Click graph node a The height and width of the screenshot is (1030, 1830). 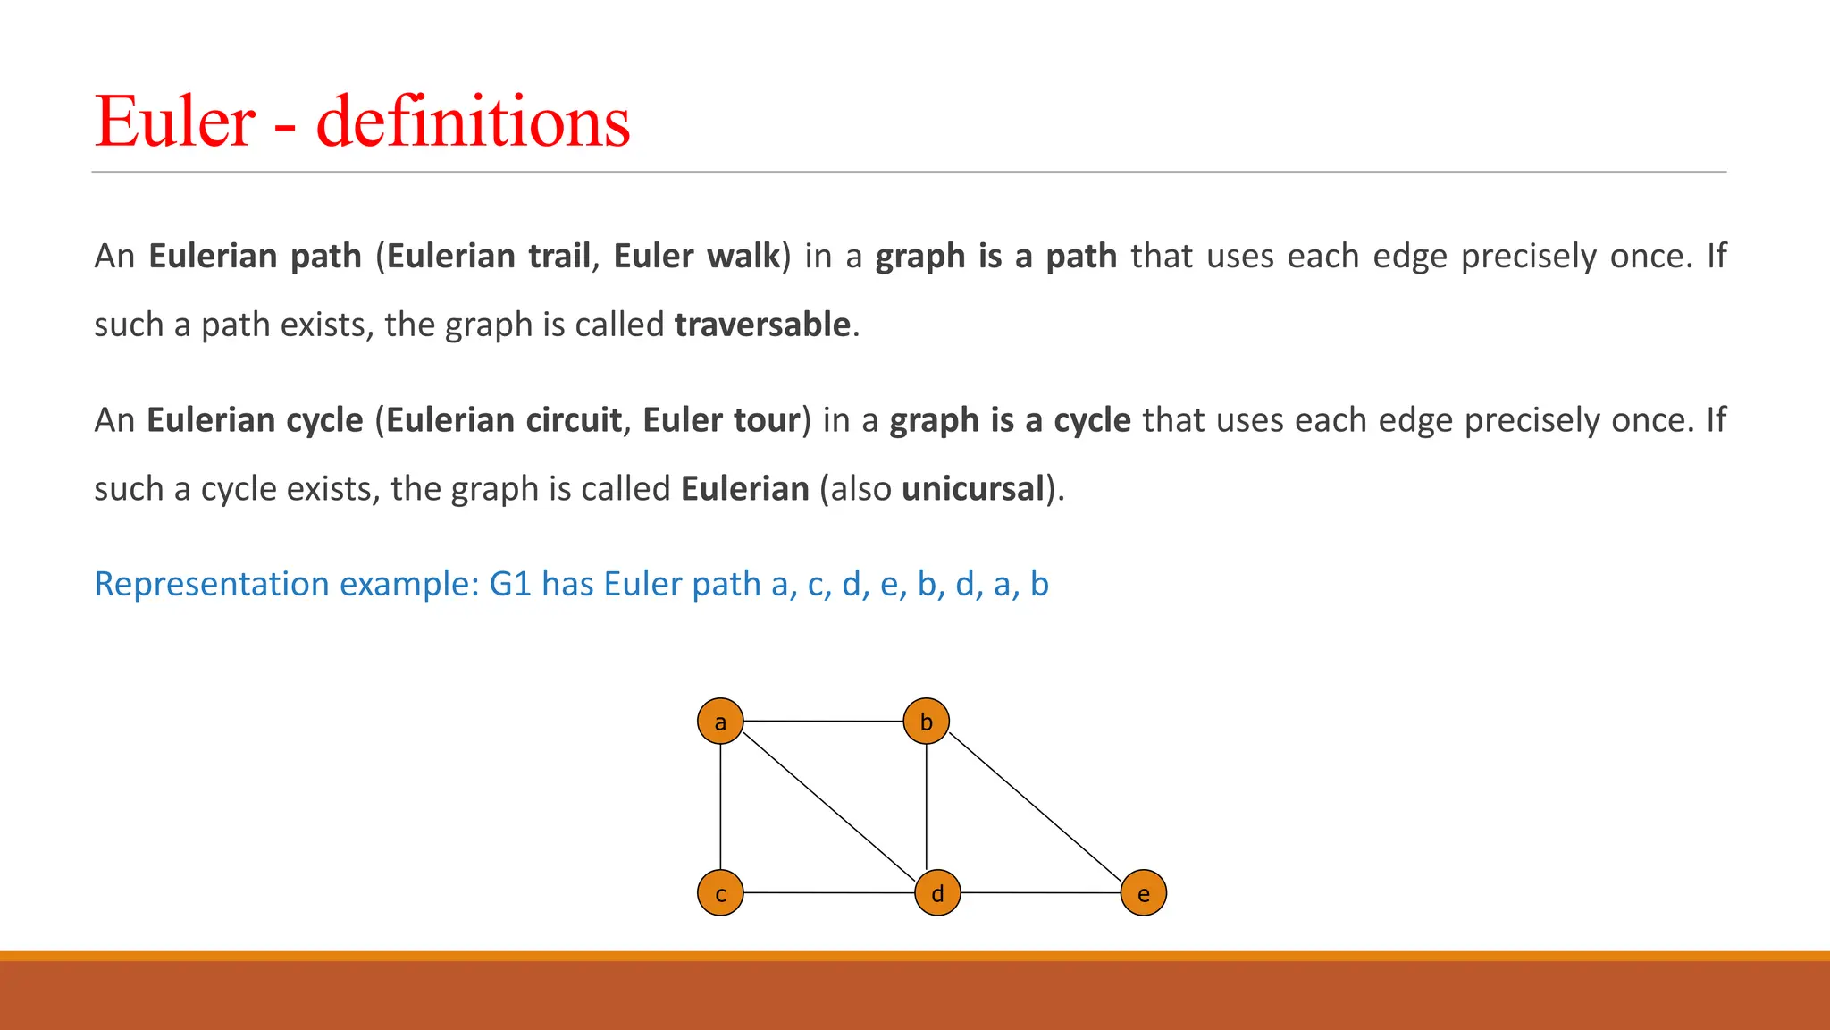(x=720, y=721)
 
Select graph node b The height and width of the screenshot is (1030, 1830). (x=926, y=721)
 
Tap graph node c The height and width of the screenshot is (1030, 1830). (x=720, y=892)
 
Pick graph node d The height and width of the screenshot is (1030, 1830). (x=937, y=892)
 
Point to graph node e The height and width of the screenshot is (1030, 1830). (x=1143, y=892)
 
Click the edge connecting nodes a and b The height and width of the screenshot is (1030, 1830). (x=823, y=721)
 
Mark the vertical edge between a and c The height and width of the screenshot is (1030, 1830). (x=720, y=806)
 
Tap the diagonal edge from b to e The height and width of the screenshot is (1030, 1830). (x=1035, y=807)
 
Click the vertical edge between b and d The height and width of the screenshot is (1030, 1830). (x=926, y=806)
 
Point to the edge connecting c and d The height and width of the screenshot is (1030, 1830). (x=828, y=892)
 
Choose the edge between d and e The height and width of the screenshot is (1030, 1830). (x=1040, y=892)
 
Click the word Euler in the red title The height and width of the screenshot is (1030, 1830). (x=176, y=122)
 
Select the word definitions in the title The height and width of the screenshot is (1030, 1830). (x=473, y=122)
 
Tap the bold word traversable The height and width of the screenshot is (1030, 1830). (x=762, y=325)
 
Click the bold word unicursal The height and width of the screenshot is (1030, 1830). (x=973, y=489)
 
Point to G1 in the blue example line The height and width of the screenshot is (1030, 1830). (x=510, y=584)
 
